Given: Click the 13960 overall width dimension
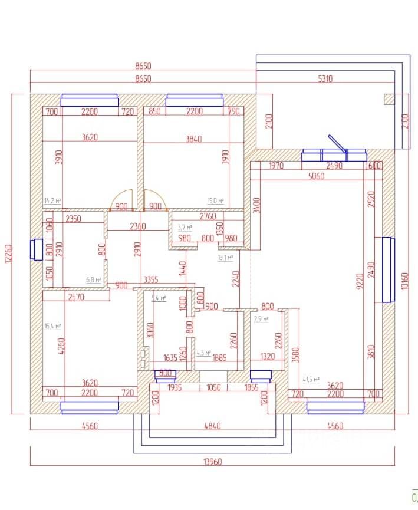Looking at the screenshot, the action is tap(213, 462).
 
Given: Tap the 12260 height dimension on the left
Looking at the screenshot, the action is tap(9, 254).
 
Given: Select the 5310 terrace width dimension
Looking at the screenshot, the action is tap(325, 78).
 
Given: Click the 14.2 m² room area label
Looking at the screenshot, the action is tap(53, 201).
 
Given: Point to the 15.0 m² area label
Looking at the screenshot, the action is tap(216, 201).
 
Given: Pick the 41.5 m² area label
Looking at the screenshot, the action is tap(311, 380).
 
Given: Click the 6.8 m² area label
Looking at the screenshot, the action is tap(94, 280).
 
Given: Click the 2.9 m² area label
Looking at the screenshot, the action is tap(261, 319).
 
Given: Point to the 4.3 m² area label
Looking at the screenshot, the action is tap(203, 353).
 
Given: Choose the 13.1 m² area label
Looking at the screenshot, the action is tap(226, 258).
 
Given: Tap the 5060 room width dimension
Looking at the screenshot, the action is tap(316, 176).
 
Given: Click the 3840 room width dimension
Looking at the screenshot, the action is tap(193, 139).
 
